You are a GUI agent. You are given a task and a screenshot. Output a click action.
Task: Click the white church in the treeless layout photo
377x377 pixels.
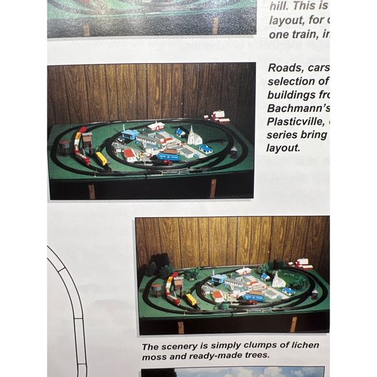click(x=194, y=136)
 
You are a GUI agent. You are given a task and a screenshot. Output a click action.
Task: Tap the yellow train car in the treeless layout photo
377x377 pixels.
click(x=101, y=158)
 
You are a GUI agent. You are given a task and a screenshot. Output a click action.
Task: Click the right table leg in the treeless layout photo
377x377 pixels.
click(x=213, y=188)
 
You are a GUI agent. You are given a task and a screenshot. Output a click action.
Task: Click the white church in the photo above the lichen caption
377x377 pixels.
click(x=278, y=280)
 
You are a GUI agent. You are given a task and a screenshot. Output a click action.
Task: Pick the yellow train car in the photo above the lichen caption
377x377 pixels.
click(x=191, y=300)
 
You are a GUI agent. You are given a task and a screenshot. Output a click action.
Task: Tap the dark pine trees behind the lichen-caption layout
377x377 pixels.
click(x=159, y=266)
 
